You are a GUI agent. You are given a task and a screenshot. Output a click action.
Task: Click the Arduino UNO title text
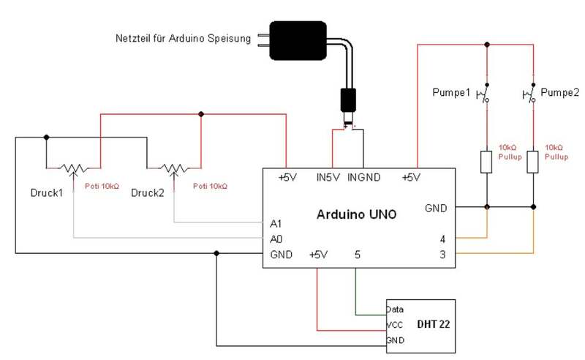356,214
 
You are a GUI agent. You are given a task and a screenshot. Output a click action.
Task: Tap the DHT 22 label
433,323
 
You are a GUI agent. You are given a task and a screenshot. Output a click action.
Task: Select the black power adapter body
298,40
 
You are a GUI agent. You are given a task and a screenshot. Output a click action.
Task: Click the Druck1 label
47,192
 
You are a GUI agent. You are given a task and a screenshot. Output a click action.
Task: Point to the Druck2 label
148,192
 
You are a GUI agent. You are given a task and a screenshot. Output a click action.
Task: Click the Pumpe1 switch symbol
483,94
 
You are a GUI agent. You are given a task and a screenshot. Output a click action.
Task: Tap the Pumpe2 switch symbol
529,94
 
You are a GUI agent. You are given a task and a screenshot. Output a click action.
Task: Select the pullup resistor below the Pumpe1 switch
486,162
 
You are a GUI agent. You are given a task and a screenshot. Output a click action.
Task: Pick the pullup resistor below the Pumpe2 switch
532,162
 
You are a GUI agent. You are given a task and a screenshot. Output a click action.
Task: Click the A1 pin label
276,224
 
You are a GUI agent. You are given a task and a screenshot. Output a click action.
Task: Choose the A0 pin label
276,239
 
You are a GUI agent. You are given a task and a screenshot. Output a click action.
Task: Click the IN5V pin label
328,177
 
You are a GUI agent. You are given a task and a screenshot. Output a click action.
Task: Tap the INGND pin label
363,177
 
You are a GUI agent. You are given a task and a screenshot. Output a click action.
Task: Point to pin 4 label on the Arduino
442,239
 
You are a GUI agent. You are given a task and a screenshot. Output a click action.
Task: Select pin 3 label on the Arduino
442,255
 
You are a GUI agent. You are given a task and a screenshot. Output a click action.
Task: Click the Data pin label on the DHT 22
395,310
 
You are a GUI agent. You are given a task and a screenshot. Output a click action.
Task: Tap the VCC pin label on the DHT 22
395,325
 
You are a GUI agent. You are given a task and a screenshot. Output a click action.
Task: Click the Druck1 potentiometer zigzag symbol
75,168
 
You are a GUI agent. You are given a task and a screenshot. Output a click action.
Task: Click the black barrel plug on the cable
348,100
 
